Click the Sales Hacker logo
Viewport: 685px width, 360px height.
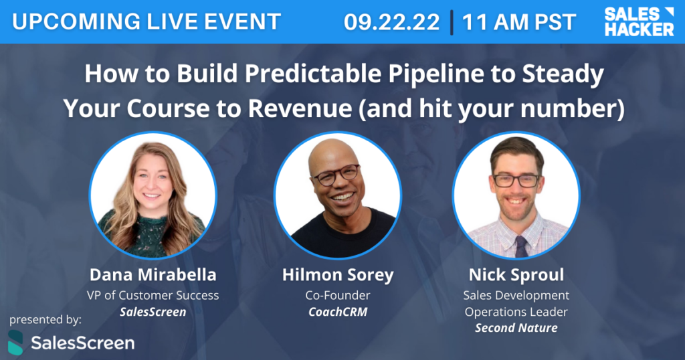639,21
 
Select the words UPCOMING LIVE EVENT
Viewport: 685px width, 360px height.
146,21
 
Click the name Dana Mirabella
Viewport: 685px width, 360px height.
153,275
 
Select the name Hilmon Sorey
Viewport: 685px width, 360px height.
338,275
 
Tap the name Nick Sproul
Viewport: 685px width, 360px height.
516,275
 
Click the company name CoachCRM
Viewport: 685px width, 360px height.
338,312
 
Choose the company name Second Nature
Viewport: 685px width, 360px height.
516,328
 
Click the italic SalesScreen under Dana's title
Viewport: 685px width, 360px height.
153,312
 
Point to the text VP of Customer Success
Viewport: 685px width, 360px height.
153,295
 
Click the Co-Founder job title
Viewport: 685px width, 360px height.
338,295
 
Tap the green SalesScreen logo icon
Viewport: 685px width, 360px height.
15,343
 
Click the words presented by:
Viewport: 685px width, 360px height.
45,319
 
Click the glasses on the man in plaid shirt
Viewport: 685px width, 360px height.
516,181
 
